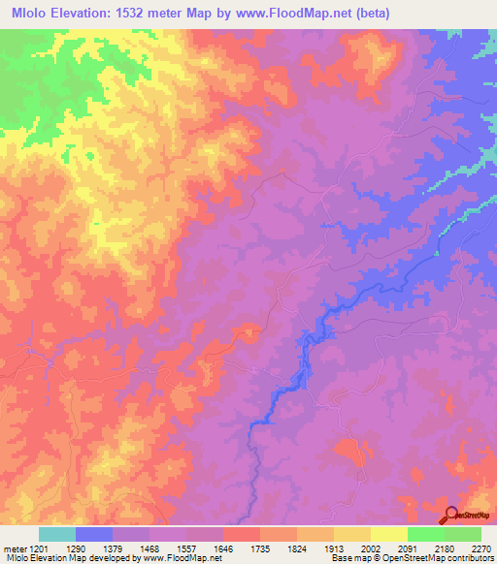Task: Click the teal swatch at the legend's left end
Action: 57,534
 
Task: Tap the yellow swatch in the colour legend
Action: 388,534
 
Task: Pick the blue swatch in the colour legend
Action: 94,534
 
